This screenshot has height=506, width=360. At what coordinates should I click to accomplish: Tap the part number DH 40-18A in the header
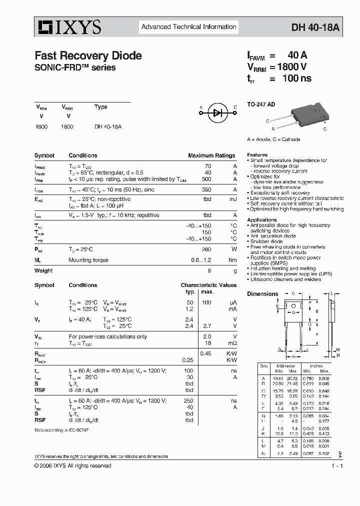pyautogui.click(x=315, y=28)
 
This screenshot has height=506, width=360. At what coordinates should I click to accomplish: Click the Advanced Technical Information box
pyautogui.click(x=188, y=27)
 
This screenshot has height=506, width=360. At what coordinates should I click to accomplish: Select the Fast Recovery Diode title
pyautogui.click(x=88, y=56)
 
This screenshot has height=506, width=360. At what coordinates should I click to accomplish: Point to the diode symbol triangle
pyautogui.click(x=217, y=112)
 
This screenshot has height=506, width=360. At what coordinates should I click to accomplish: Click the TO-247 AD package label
pyautogui.click(x=261, y=104)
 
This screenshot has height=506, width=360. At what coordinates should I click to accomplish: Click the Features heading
pyautogui.click(x=257, y=155)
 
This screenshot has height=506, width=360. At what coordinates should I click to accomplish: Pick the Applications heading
pyautogui.click(x=261, y=220)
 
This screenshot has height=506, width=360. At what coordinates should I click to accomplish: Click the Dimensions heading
pyautogui.click(x=262, y=294)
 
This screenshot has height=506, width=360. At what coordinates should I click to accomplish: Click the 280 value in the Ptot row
pyautogui.click(x=205, y=249)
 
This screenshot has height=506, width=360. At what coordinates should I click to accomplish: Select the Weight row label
pyautogui.click(x=43, y=270)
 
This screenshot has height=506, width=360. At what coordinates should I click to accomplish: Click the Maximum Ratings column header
pyautogui.click(x=211, y=155)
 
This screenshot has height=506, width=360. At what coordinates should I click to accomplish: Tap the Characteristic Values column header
pyautogui.click(x=208, y=285)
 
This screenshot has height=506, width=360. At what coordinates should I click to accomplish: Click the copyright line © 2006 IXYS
pyautogui.click(x=72, y=465)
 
